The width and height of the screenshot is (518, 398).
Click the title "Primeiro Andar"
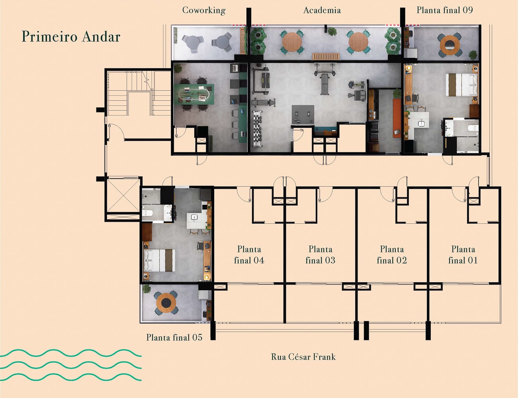pyautogui.click(x=71, y=37)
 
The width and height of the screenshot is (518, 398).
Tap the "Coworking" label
pyautogui.click(x=204, y=10)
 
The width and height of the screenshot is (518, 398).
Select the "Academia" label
pyautogui.click(x=322, y=10)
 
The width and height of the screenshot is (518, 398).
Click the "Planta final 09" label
pyautogui.click(x=444, y=10)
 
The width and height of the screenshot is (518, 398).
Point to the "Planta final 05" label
pyautogui.click(x=174, y=338)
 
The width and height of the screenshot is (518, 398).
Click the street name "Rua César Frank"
pyautogui.click(x=303, y=357)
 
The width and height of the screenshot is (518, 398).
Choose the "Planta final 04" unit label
pyautogui.click(x=249, y=255)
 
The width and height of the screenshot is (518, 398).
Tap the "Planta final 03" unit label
pyautogui.click(x=320, y=255)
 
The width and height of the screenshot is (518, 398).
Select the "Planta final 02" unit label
pyautogui.click(x=392, y=255)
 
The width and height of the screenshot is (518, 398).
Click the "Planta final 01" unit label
pyautogui.click(x=463, y=255)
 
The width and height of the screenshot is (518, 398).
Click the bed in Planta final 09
pyautogui.click(x=461, y=85)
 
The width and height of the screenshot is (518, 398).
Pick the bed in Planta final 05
pyautogui.click(x=159, y=260)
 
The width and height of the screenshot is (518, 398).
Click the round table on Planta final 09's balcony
pyautogui.click(x=450, y=45)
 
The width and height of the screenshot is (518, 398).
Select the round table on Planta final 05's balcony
pyautogui.click(x=166, y=303)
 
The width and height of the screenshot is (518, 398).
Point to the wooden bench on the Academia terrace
pyautogui.click(x=325, y=57)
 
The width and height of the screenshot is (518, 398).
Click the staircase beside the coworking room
pyautogui.click(x=139, y=93)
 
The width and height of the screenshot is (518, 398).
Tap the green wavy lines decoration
pyautogui.click(x=70, y=365)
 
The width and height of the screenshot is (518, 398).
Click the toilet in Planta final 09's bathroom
pyautogui.click(x=473, y=128)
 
